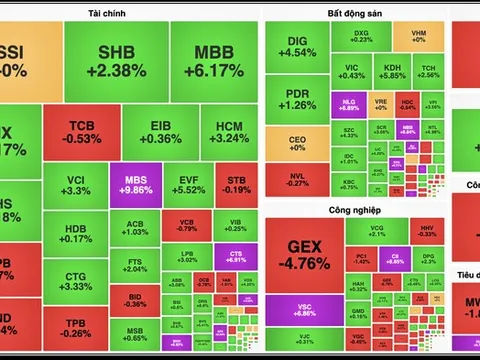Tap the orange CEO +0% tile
(x=296, y=141)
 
